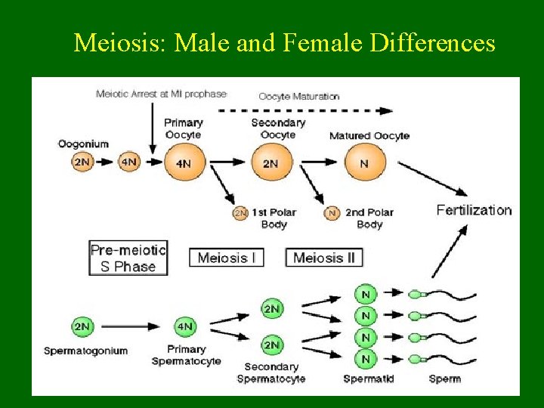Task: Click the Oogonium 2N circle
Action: [x=82, y=162]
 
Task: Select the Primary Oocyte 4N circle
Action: [x=183, y=162]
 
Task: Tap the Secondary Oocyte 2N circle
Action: [x=270, y=162]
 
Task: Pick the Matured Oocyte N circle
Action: [x=365, y=162]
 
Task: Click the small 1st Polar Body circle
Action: [x=240, y=213]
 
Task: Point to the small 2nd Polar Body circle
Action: [x=332, y=213]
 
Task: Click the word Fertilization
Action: [x=474, y=210]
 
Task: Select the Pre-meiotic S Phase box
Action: [x=128, y=258]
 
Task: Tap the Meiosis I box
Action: [x=227, y=258]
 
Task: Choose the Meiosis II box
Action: [x=324, y=258]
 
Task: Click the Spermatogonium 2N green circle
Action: [x=82, y=327]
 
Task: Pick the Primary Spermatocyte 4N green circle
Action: [x=184, y=327]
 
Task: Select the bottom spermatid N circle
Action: [x=366, y=358]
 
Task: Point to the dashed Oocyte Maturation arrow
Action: [x=305, y=110]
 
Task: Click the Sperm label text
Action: [x=444, y=379]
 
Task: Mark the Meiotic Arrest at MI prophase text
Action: [x=161, y=94]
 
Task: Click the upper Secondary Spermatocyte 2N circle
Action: [x=272, y=308]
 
